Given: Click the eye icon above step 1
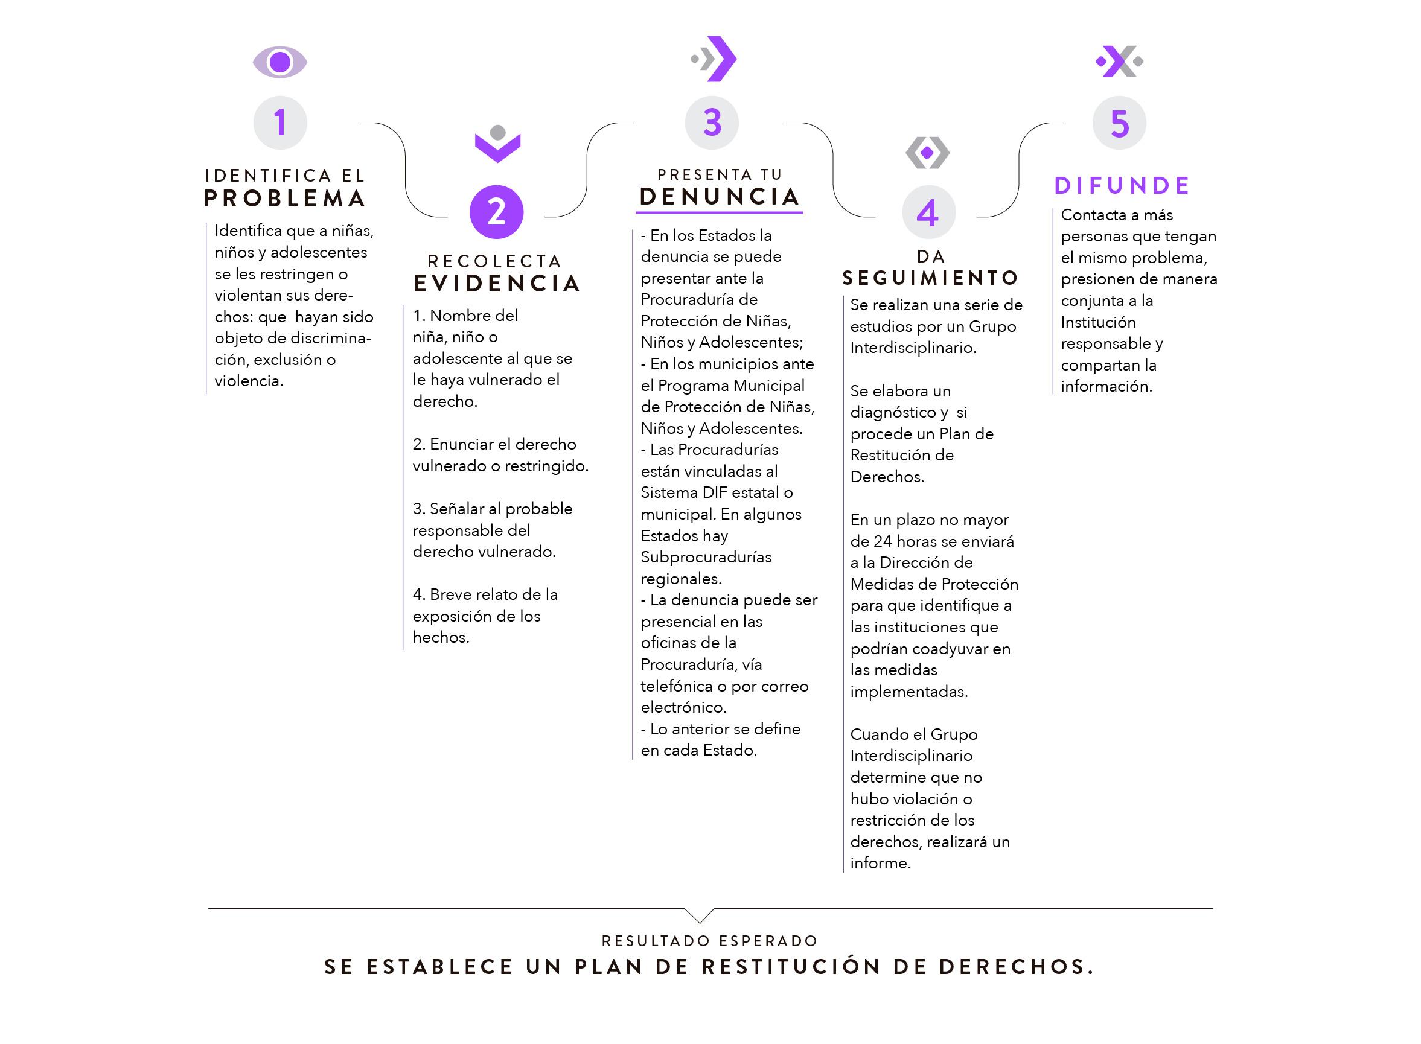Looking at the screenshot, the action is click(280, 62).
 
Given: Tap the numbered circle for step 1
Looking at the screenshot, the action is click(280, 123).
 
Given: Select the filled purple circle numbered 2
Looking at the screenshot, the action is click(496, 212).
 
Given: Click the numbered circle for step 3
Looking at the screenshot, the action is click(712, 123).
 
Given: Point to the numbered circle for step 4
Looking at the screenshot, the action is click(928, 212).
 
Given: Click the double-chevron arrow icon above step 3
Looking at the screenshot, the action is click(714, 59).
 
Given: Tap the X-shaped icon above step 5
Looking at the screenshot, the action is click(1120, 62).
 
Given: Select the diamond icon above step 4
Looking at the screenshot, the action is click(927, 152).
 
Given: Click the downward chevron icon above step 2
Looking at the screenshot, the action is click(497, 144).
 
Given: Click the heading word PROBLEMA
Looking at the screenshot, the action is click(285, 199).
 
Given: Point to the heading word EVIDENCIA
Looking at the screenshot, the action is click(497, 284).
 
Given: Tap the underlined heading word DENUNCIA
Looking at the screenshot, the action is click(720, 197).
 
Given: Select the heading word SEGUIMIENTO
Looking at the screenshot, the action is click(930, 278).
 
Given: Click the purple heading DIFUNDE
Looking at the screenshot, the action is click(1122, 186).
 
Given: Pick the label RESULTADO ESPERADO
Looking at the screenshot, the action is click(709, 941).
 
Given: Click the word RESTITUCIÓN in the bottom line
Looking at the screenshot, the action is click(791, 966).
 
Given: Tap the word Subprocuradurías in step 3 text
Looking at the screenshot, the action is click(706, 558).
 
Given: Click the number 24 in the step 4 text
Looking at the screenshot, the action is click(883, 541).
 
